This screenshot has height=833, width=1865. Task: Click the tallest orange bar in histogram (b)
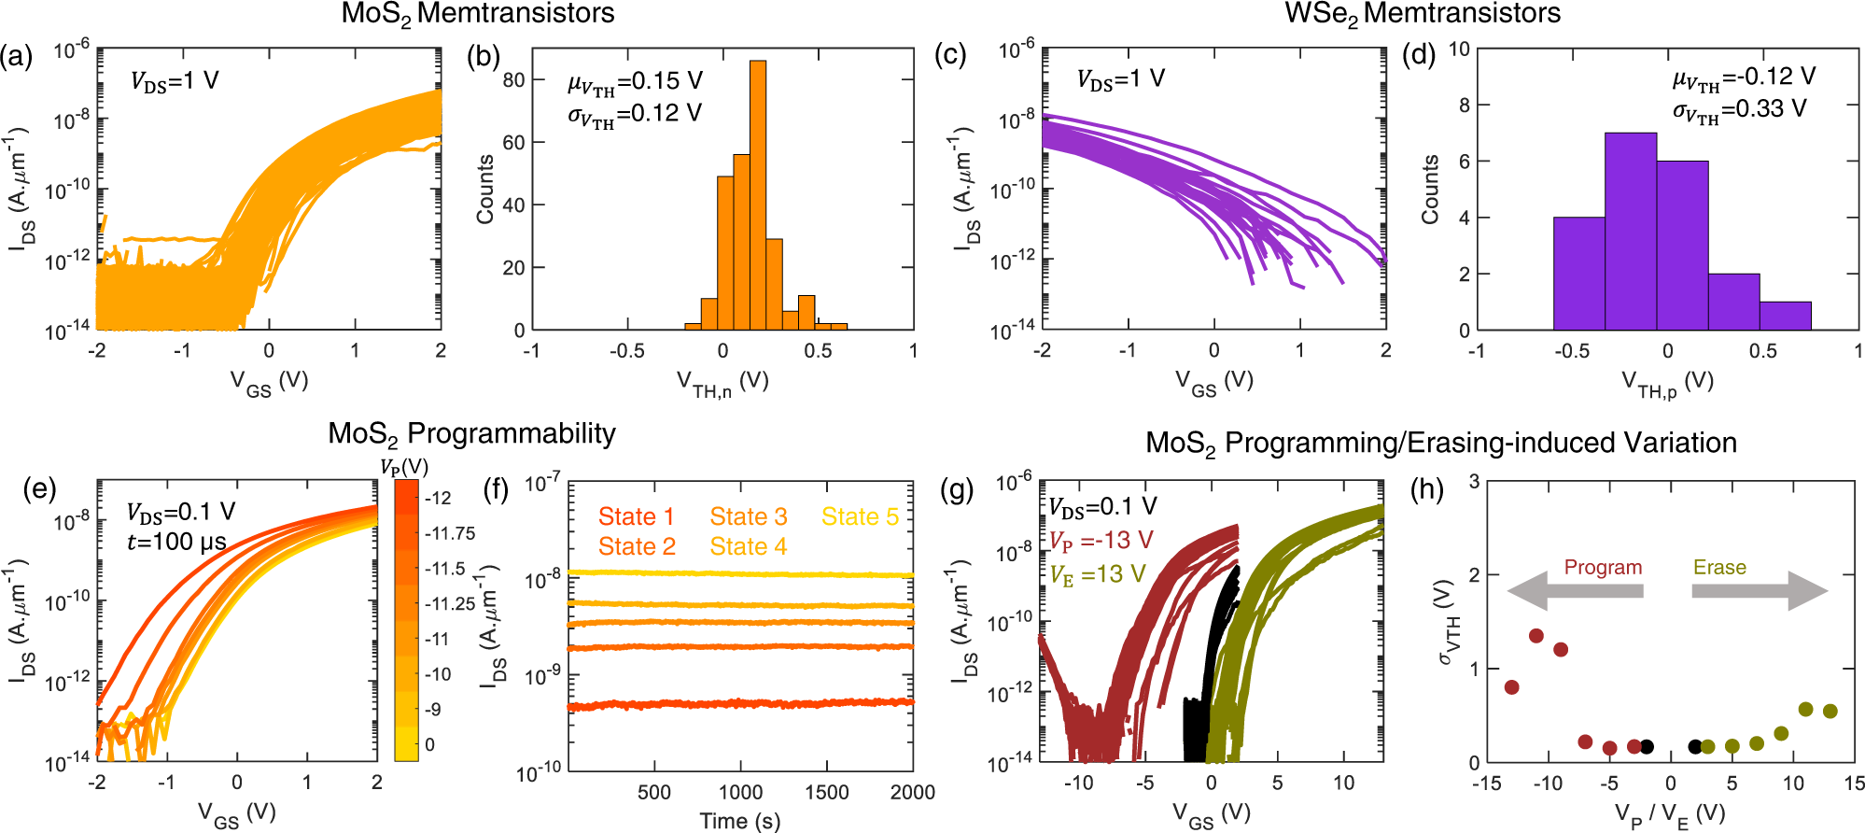coord(758,196)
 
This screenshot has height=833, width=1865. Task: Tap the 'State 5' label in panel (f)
coord(860,516)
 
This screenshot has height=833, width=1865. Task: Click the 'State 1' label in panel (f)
coord(636,516)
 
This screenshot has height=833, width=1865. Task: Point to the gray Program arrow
coord(1575,591)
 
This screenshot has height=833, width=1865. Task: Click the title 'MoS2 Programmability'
coord(471,434)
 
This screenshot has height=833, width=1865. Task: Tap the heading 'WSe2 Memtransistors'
coord(1423,14)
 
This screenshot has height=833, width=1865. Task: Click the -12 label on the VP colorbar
coord(438,498)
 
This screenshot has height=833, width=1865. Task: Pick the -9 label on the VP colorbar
coord(433,709)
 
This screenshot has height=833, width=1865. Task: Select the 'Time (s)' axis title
coord(739,821)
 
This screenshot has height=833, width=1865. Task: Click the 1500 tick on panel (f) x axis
coord(826,792)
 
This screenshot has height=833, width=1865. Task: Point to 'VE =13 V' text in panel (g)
coord(1098,573)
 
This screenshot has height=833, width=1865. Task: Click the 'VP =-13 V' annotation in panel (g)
coord(1101,541)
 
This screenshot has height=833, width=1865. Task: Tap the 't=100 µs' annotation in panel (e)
coord(176,542)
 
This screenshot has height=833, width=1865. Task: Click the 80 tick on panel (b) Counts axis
coord(513,80)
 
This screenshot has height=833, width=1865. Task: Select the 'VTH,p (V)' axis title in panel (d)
coord(1667,383)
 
